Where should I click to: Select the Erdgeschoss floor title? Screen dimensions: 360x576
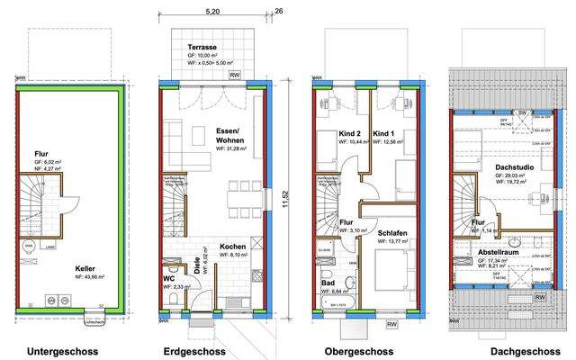pos(193,351)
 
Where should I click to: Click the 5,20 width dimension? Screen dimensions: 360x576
pos(212,13)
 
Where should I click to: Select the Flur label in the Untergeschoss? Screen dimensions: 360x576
pos(41,153)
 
